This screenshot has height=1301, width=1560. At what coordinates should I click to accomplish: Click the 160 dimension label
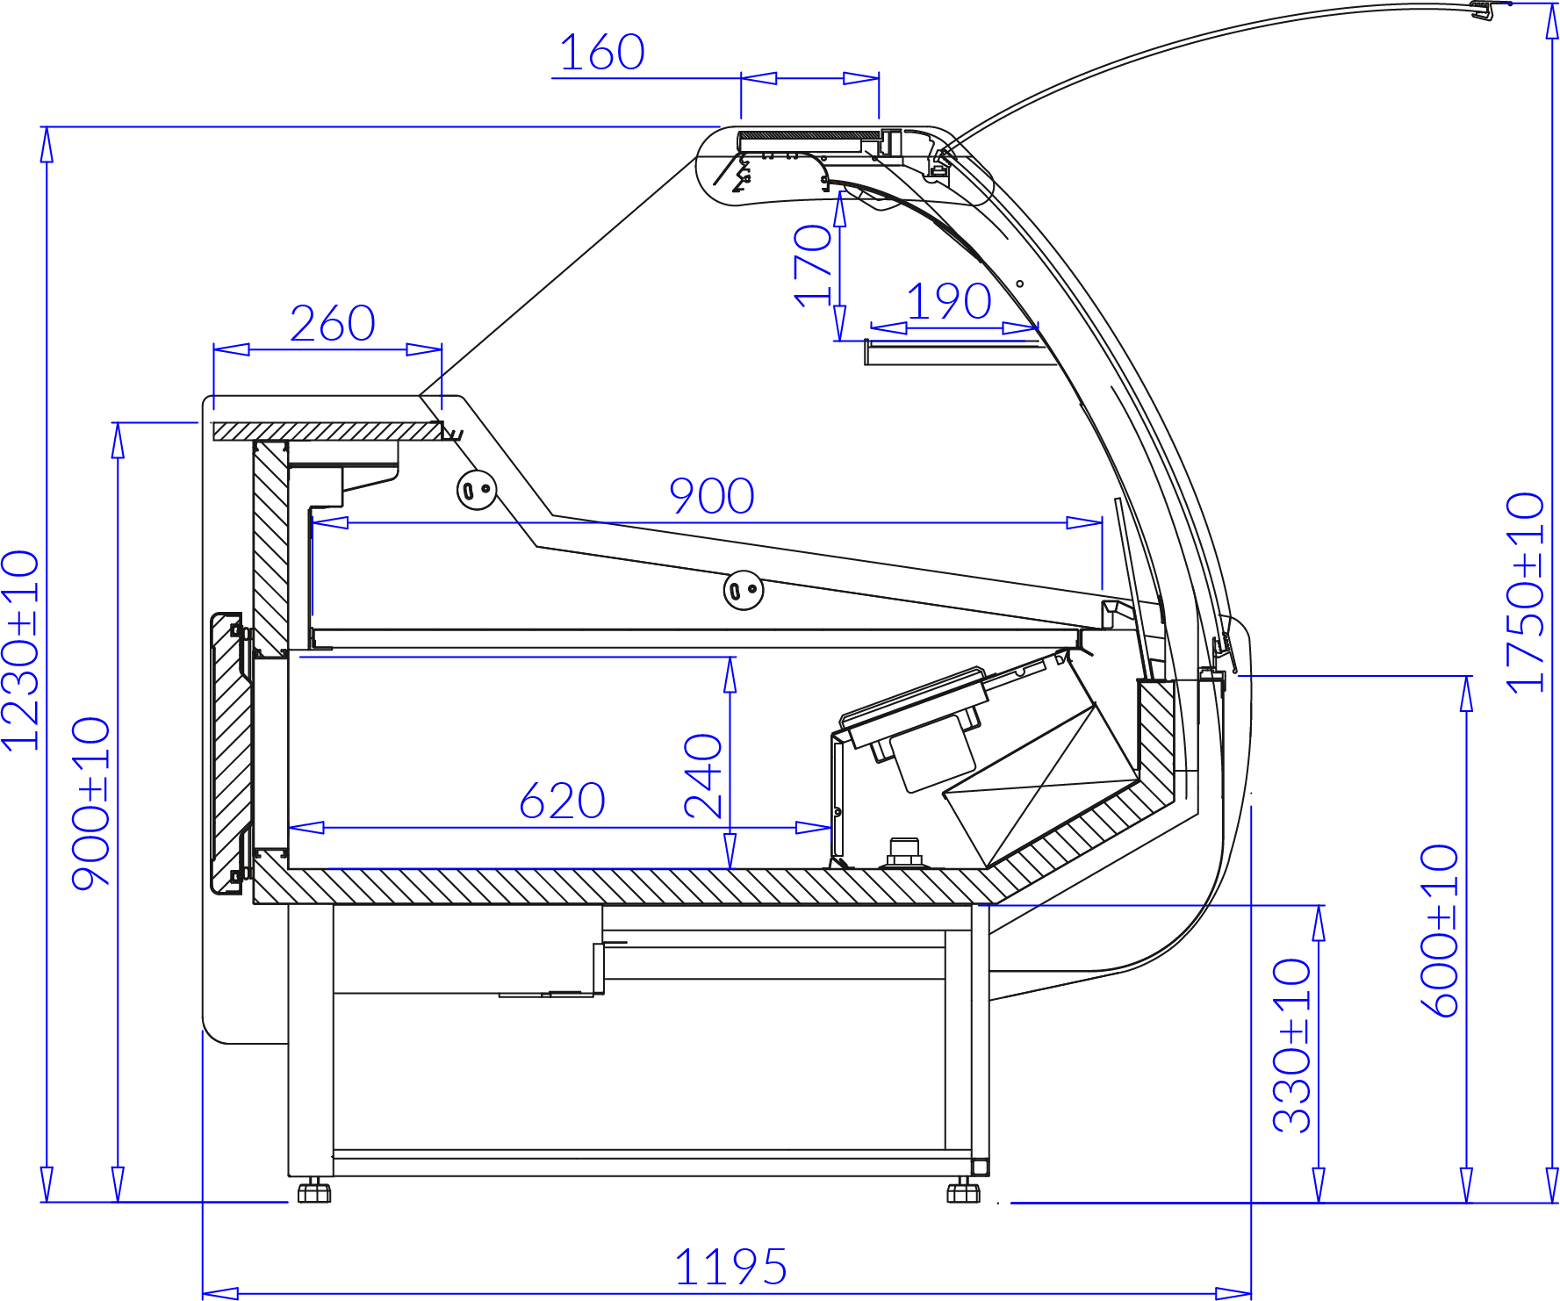click(x=602, y=53)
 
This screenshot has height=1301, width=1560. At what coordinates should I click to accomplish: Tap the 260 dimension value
click(x=333, y=324)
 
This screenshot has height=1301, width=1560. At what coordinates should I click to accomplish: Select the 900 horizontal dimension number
click(x=712, y=497)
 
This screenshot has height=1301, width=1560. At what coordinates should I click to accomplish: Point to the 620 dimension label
click(x=562, y=801)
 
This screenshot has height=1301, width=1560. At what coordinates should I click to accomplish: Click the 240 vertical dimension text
click(x=704, y=776)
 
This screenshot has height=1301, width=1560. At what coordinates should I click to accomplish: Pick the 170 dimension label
click(x=813, y=265)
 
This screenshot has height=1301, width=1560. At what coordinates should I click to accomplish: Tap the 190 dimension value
click(x=949, y=302)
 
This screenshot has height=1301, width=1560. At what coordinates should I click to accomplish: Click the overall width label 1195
click(x=730, y=1268)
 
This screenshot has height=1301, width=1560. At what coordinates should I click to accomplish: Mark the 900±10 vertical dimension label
click(x=91, y=804)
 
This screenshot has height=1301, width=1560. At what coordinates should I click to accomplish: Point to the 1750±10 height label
click(x=1526, y=593)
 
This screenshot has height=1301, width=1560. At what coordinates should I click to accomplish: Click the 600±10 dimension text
click(x=1440, y=931)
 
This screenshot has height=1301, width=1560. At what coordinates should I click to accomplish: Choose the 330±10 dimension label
click(x=1292, y=1046)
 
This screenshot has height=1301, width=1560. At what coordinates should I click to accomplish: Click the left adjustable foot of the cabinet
click(x=313, y=1192)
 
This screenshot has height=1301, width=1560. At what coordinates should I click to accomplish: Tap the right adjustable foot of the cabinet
click(x=963, y=1192)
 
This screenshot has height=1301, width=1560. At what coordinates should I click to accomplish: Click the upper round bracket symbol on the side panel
click(x=477, y=489)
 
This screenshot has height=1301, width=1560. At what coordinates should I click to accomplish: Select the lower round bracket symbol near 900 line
click(x=743, y=590)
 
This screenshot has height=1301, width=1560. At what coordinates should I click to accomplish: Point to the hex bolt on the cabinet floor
click(x=903, y=852)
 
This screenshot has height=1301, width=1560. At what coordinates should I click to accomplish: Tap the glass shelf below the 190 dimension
click(x=957, y=352)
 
